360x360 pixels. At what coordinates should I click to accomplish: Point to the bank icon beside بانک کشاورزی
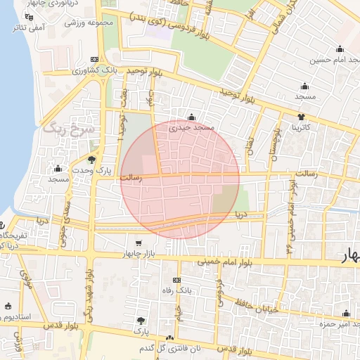coord(95,60)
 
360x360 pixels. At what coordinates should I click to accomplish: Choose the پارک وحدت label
coord(93,171)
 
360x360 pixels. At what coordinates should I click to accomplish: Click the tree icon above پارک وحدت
coord(92,160)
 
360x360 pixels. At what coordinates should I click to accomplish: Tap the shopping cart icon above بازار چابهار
coord(139,243)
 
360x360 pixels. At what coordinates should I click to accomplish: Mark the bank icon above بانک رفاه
coord(177,280)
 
